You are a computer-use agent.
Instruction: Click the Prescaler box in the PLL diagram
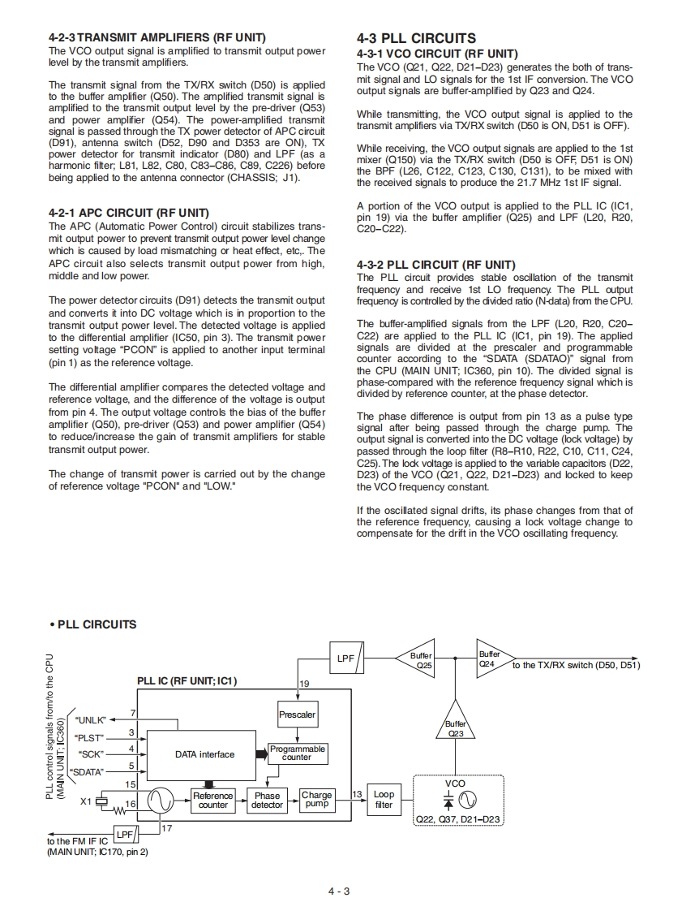tap(297, 715)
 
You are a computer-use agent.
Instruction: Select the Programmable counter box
tap(297, 753)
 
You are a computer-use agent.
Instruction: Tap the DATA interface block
tap(204, 754)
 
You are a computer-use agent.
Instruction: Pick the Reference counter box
tap(213, 801)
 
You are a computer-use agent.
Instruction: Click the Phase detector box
tap(267, 801)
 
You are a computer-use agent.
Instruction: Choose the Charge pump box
tap(316, 801)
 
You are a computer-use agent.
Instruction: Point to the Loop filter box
tap(384, 801)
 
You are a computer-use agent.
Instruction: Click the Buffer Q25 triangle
tap(418, 660)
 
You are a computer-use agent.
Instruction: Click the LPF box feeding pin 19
tap(345, 658)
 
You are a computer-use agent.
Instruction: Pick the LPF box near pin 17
tap(124, 834)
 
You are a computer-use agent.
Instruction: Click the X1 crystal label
tap(86, 802)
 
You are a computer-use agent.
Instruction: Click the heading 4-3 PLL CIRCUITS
tap(416, 38)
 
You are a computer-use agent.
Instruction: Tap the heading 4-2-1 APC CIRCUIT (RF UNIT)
tap(129, 213)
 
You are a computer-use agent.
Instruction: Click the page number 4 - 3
tap(339, 892)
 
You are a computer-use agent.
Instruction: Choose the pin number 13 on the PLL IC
tap(358, 792)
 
